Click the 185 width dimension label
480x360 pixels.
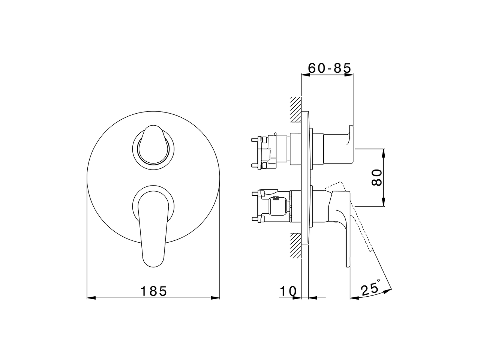153,291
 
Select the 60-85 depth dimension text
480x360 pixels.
329,68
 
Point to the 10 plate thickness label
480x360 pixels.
288,291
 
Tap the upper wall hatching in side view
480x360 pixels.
295,109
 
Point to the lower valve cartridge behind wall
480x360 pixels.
272,206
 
